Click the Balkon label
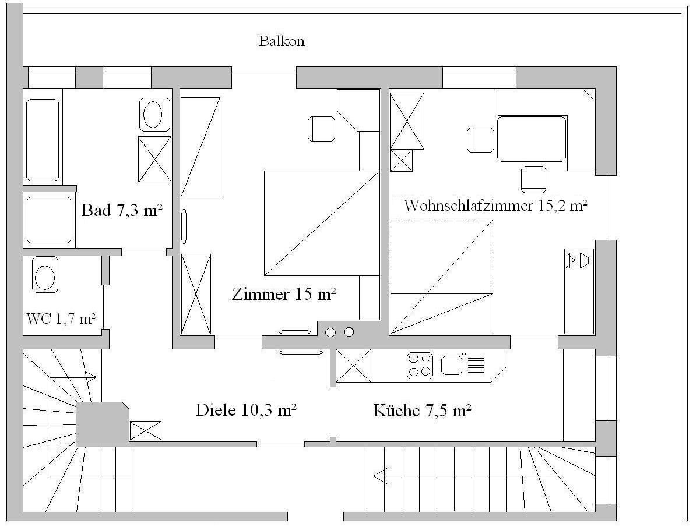point(282,41)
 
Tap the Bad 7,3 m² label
point(122,210)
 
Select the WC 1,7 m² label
point(61,319)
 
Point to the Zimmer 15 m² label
point(284,294)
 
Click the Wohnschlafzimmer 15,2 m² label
point(495,206)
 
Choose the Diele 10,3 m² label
point(246,411)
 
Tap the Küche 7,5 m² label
point(422,411)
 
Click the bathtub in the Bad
point(43,140)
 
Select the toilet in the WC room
point(45,274)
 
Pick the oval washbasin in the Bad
point(153,114)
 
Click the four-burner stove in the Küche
point(420,365)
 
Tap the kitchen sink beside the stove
point(452,365)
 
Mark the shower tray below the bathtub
point(48,220)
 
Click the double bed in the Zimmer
point(322,223)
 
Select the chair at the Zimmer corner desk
point(321,129)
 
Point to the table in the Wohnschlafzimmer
point(532,139)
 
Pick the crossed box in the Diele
point(145,431)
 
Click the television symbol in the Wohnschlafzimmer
point(577,260)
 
